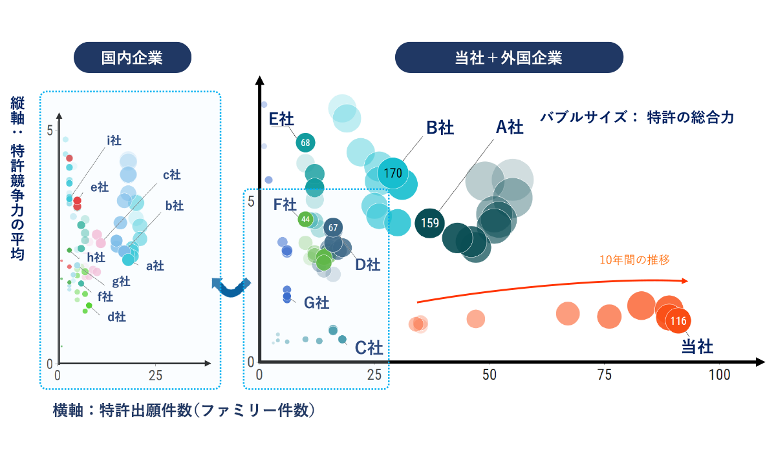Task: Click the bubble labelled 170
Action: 393,173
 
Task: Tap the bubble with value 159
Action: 430,223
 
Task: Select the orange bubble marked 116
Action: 678,320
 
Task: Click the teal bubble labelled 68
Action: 305,143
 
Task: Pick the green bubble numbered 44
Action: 305,220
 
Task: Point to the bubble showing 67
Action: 333,227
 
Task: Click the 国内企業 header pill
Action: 132,57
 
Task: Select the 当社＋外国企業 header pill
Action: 508,57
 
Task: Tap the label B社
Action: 440,128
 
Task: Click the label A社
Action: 509,127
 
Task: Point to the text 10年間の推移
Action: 634,260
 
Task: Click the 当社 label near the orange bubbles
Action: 697,347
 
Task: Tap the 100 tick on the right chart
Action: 718,375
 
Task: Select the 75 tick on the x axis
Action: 604,375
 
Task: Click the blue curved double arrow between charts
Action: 231,286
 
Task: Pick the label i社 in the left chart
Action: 114,140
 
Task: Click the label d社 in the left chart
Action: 116,316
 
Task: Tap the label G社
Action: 316,302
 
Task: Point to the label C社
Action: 369,348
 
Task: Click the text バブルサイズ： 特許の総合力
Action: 637,118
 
